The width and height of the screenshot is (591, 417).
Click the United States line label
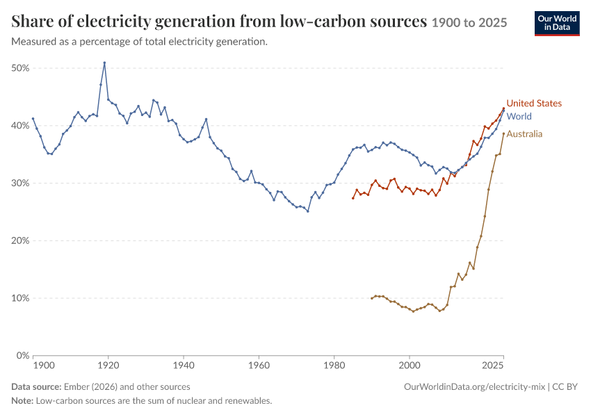534,104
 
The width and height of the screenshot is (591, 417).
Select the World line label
519,116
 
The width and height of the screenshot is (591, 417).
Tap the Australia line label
524,134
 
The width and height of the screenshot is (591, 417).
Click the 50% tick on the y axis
20,68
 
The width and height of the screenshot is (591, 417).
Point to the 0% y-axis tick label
23,356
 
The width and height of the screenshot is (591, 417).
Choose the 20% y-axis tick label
20,240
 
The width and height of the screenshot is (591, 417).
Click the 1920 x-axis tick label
108,366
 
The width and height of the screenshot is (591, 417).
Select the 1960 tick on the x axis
259,366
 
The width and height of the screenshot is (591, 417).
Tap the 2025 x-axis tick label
493,366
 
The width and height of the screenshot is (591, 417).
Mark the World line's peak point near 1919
104,63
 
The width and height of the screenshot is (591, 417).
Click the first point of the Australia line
372,298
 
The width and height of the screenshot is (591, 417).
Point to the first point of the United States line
353,198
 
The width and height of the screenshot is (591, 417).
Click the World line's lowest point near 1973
308,211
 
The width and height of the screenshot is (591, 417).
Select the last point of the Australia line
503,133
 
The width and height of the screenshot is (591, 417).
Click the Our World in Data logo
557,24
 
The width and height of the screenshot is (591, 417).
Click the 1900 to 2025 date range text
469,23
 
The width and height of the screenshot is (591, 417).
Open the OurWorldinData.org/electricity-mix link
474,387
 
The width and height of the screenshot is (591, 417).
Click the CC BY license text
565,387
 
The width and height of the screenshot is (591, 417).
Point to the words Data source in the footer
36,387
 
